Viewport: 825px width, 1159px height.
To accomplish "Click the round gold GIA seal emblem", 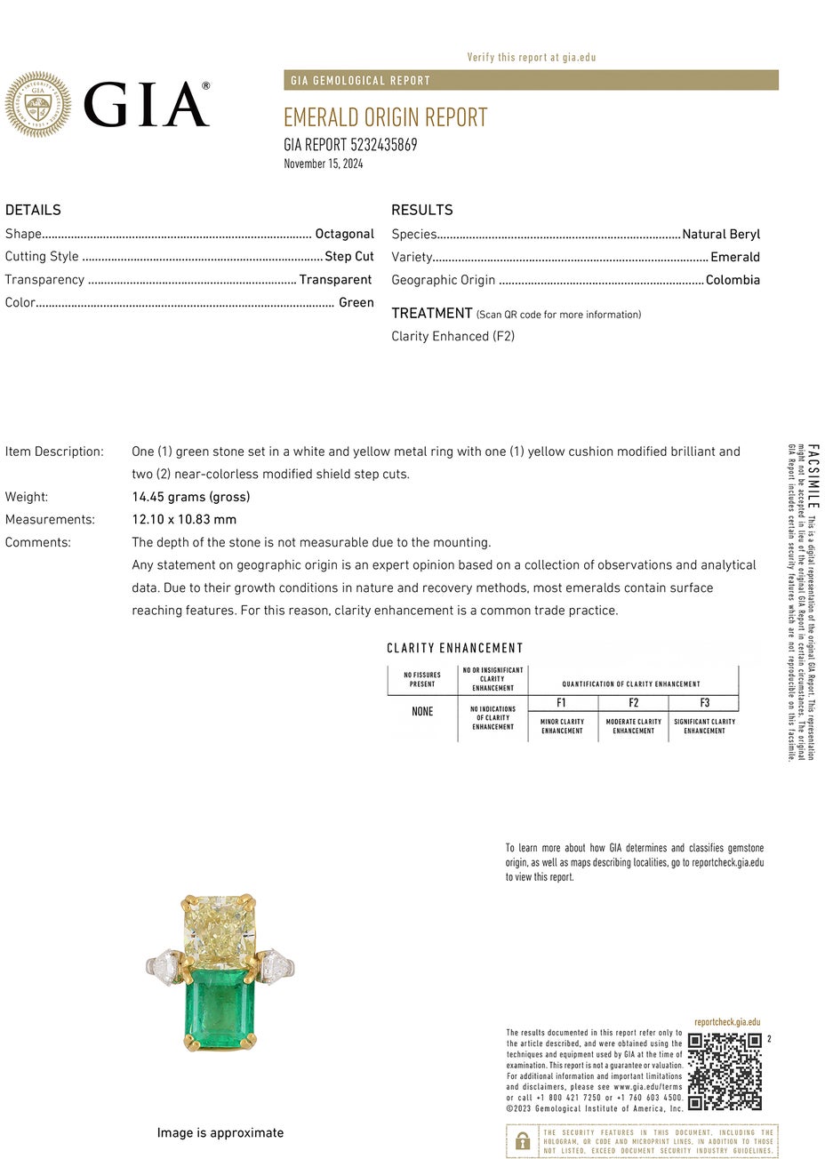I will [x=37, y=105].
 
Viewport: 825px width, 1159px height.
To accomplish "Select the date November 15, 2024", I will [x=324, y=164].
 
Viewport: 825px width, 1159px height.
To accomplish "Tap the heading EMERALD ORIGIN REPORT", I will [x=385, y=117].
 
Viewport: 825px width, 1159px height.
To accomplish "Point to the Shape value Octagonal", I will [x=344, y=234].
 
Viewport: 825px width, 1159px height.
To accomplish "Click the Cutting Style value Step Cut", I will [x=349, y=257].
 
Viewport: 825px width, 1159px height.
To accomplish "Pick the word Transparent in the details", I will [x=335, y=280].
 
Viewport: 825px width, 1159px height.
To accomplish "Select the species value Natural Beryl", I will [x=721, y=235].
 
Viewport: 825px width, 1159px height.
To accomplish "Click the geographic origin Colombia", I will [x=733, y=280].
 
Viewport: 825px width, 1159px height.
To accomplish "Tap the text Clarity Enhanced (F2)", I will [x=453, y=336].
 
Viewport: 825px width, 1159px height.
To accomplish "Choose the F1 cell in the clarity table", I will [x=562, y=703].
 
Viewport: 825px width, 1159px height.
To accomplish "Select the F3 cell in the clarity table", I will [x=704, y=703].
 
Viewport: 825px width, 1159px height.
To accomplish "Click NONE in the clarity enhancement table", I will [x=422, y=712].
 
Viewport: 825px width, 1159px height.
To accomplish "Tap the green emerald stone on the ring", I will [x=220, y=1010].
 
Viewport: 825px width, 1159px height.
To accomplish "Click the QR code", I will [x=725, y=1071].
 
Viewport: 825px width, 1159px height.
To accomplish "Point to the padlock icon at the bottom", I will [x=523, y=1140].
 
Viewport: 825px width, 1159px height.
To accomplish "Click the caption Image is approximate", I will [x=220, y=1133].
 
